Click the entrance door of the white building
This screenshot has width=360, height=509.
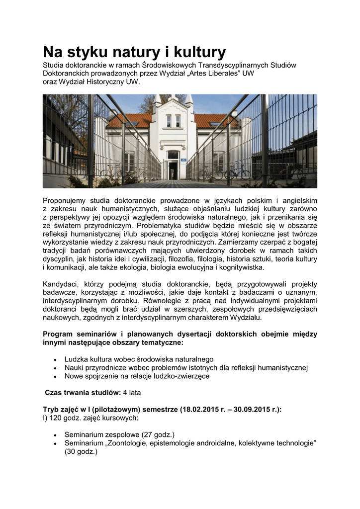click(173, 170)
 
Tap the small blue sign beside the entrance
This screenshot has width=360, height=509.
click(183, 160)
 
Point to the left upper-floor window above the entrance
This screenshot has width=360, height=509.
click(169, 120)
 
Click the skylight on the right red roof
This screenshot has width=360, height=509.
click(214, 123)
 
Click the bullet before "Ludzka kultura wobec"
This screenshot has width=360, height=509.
click(54, 359)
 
